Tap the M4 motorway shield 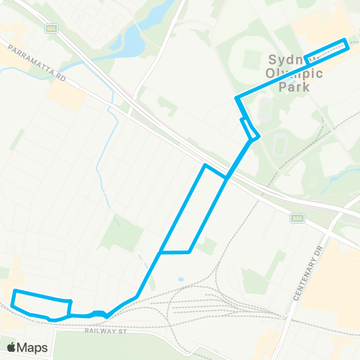point(51,28)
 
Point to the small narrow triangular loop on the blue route point(250,129)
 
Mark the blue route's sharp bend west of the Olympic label point(237,97)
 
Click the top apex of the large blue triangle point(205,165)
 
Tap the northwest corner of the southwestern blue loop point(15,291)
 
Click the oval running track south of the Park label point(280,143)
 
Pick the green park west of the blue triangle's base point(117,233)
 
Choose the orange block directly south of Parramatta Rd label point(65,94)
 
